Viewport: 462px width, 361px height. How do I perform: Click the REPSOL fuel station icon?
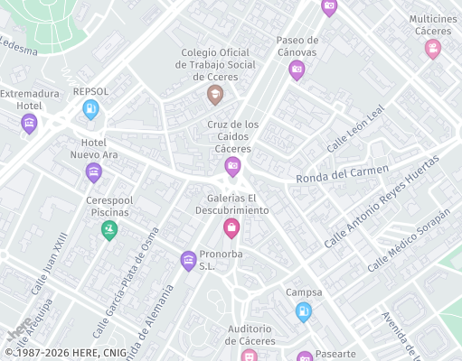pyautogui.click(x=90, y=109)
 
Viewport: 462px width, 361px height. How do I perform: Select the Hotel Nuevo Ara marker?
pyautogui.click(x=93, y=171)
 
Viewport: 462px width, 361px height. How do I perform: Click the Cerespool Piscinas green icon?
pyautogui.click(x=109, y=229)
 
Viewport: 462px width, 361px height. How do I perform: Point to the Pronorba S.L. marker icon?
pyautogui.click(x=188, y=261)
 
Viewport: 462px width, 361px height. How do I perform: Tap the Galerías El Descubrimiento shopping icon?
pyautogui.click(x=231, y=227)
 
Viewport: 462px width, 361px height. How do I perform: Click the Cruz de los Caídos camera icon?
pyautogui.click(x=232, y=165)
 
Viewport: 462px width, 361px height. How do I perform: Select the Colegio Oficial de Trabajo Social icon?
pyautogui.click(x=214, y=94)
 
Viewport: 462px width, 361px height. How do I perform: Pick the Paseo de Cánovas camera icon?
pyautogui.click(x=297, y=70)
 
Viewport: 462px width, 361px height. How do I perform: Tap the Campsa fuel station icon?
pyautogui.click(x=304, y=311)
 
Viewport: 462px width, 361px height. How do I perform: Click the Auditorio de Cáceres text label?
pyautogui.click(x=250, y=335)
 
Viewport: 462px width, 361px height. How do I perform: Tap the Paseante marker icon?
pyautogui.click(x=305, y=356)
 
